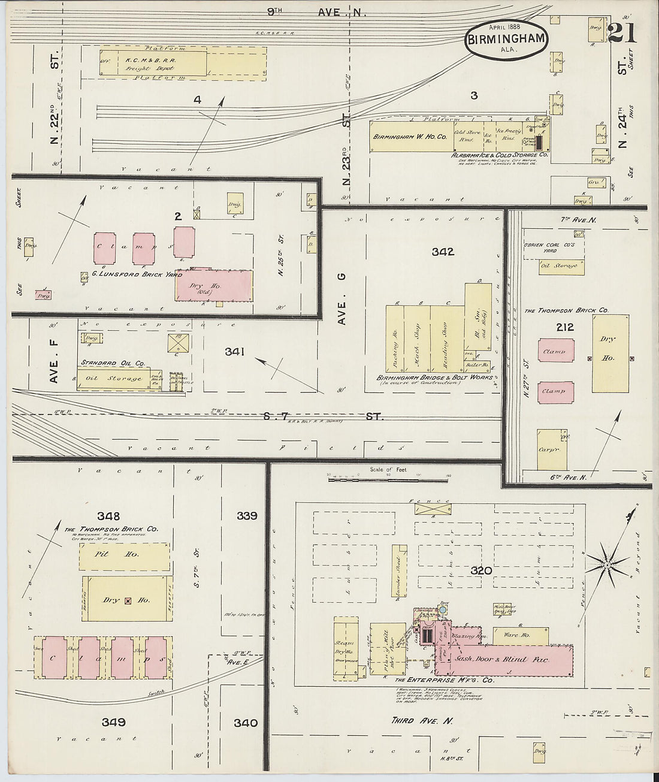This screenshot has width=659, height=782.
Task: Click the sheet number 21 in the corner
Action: click(x=621, y=32)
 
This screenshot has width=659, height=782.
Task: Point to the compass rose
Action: click(x=607, y=564)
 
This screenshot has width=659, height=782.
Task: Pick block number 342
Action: click(x=443, y=252)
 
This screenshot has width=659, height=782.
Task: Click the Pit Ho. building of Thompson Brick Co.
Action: click(x=125, y=555)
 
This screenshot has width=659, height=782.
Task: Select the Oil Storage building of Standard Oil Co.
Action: click(x=114, y=379)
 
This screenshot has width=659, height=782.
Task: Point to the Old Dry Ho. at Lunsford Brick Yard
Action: click(x=214, y=285)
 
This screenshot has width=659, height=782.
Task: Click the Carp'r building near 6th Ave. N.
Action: click(x=551, y=449)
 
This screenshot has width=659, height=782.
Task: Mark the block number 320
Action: click(x=480, y=570)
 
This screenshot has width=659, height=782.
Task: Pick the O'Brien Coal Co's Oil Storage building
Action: click(x=561, y=266)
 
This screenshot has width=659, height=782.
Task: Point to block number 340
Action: click(x=246, y=723)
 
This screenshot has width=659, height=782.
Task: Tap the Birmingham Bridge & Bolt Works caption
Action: click(x=434, y=378)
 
